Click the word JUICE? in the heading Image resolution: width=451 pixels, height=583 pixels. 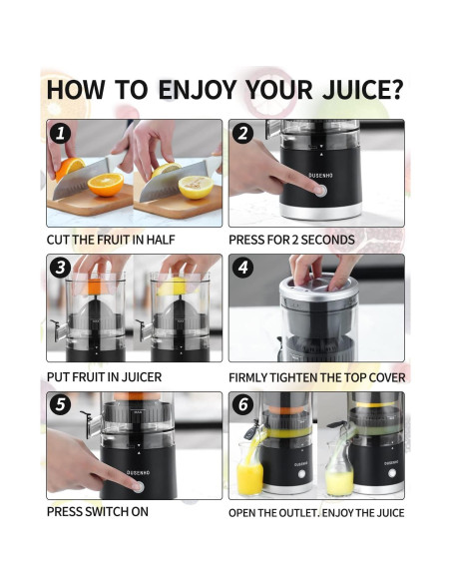click(362, 89)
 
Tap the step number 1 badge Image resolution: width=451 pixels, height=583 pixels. click(60, 133)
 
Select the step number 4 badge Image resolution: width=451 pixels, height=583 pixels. click(242, 268)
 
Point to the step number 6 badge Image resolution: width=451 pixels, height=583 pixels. click(242, 404)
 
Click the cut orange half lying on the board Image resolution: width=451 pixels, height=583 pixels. click(106, 185)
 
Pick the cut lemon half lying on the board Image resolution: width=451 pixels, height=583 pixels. click(196, 187)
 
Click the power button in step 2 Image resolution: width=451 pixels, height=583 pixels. click(320, 191)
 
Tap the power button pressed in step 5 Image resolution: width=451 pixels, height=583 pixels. click(138, 487)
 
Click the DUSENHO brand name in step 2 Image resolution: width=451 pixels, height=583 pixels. click(321, 175)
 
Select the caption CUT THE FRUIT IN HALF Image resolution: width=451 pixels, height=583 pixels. click(111, 240)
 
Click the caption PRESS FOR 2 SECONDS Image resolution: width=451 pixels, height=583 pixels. click(291, 240)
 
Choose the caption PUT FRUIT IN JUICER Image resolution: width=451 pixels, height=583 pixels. click(104, 377)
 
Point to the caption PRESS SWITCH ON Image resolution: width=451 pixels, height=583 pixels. click(98, 511)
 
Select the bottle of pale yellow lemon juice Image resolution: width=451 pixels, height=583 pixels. click(339, 473)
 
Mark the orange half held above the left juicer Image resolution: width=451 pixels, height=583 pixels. click(96, 286)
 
